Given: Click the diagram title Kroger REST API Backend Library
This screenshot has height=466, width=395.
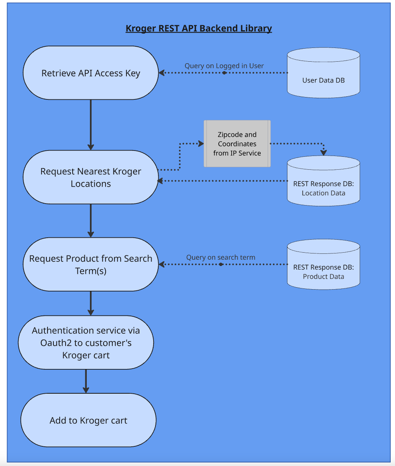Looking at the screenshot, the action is point(199,28).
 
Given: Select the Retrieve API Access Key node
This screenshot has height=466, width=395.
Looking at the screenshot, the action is point(91,73).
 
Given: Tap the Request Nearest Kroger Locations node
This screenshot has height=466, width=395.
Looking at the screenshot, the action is point(91,177).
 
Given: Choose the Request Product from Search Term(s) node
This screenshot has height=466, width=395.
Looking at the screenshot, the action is point(91,264).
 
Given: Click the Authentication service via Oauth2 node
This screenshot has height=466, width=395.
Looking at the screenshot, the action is point(86,342).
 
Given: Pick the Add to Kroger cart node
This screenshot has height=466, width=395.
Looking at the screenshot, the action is point(88,420).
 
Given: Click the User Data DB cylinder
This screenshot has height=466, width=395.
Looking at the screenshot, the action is point(324,73).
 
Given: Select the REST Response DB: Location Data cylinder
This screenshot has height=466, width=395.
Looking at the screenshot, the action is point(324,181).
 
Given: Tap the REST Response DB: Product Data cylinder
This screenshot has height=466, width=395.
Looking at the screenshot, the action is point(324,264).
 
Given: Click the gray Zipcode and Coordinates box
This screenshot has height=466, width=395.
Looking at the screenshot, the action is point(237,143).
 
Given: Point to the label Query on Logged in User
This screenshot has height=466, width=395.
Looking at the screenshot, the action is point(224,66).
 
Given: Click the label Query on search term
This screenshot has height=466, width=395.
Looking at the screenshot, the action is point(221,257).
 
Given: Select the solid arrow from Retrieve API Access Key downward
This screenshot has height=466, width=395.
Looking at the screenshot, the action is point(91,125).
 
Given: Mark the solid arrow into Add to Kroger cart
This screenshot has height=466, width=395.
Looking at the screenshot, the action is point(86,381).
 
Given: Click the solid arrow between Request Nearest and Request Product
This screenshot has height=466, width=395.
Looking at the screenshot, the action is point(91,220).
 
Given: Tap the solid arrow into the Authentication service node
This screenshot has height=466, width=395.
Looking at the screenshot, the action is point(91,303).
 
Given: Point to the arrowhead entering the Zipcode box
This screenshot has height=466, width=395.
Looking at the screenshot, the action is point(201,143).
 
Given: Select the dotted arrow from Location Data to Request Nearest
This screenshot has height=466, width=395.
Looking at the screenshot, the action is point(223,181).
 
